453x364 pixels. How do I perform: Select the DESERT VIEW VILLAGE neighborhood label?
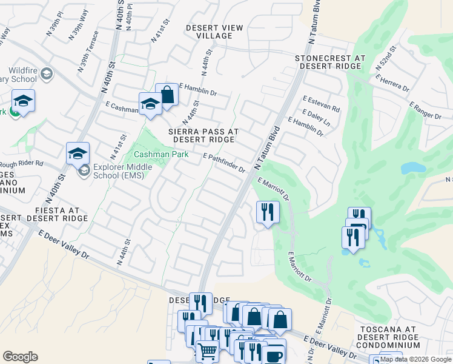pyautogui.click(x=214, y=32)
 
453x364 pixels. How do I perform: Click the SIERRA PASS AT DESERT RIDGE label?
pyautogui.click(x=203, y=135)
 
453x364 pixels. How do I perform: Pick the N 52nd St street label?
pyautogui.click(x=385, y=57)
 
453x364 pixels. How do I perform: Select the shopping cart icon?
pyautogui.click(x=207, y=351)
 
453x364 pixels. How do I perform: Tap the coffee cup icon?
pyautogui.click(x=272, y=354)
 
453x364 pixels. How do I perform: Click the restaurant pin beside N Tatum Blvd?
pyautogui.click(x=267, y=212)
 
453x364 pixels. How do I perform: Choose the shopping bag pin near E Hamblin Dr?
pyautogui.click(x=167, y=95)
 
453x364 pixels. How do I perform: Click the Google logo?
pyautogui.click(x=20, y=356)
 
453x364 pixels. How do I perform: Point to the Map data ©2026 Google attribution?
pyautogui.click(x=415, y=359)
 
